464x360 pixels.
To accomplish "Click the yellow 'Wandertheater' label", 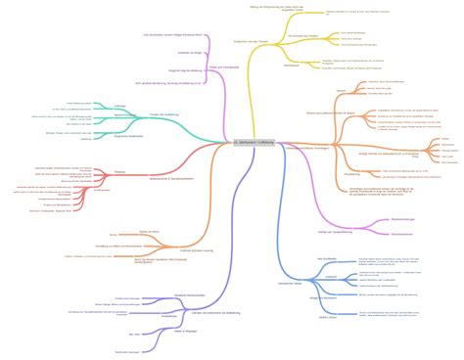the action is point(291,65).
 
